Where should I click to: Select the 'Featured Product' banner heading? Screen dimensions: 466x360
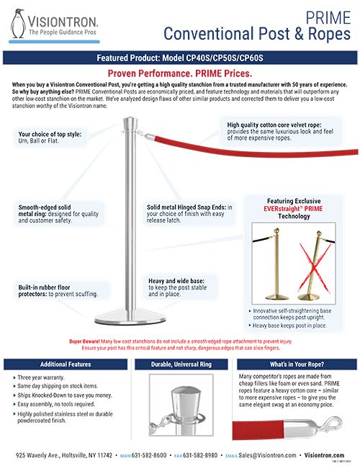point(179,58)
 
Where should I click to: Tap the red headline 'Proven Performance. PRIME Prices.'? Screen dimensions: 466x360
point(179,73)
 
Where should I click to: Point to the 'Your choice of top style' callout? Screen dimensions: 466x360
point(55,138)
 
